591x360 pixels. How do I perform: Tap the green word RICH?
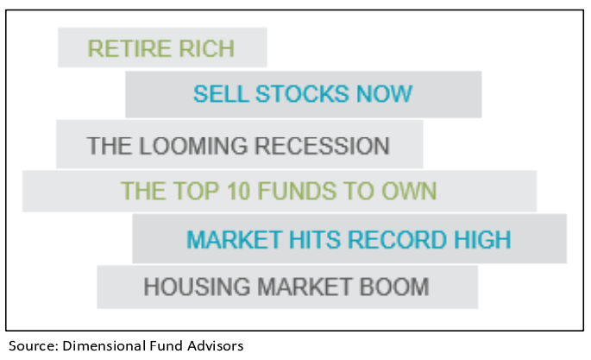(x=206, y=48)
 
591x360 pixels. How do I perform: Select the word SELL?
(x=221, y=94)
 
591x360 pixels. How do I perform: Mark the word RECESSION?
(x=323, y=146)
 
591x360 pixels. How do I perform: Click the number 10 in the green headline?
(x=239, y=191)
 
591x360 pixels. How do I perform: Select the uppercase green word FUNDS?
(x=297, y=191)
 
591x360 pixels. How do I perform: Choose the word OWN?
(x=409, y=191)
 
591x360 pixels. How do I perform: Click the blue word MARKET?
(x=235, y=240)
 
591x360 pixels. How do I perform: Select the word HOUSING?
(x=197, y=287)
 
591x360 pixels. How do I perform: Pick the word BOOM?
(x=394, y=287)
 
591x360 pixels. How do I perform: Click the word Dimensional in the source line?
(x=104, y=345)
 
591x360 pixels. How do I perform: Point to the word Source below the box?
(x=33, y=345)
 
